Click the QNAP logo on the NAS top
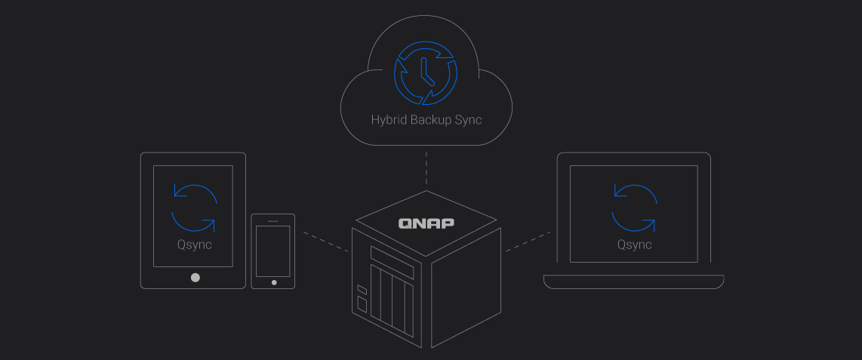[427, 223]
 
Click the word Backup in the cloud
[431, 120]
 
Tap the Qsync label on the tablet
[194, 245]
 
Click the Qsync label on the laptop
[634, 245]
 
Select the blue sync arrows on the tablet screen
[194, 207]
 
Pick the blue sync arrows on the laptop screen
[634, 207]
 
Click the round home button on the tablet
[195, 277]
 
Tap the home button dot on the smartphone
[273, 282]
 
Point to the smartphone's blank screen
[273, 251]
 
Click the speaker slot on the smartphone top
[273, 221]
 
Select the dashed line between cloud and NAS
[426, 168]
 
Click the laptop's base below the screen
[634, 282]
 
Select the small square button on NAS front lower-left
[362, 304]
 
